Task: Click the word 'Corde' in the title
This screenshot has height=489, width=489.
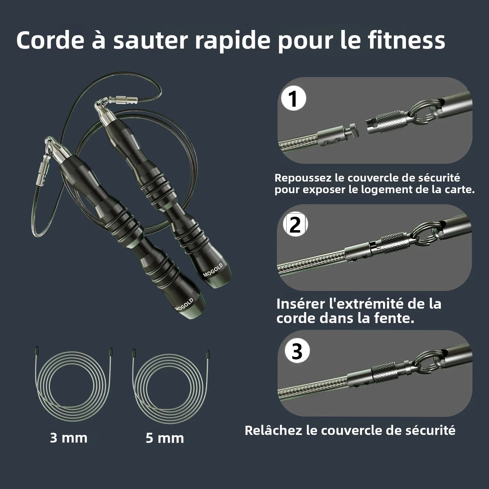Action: [x=49, y=40]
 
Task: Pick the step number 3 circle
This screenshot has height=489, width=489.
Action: [x=297, y=351]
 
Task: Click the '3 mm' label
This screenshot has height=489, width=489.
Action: [x=69, y=438]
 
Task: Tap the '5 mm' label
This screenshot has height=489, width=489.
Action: [x=165, y=438]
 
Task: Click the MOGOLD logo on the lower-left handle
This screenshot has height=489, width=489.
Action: [x=184, y=304]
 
